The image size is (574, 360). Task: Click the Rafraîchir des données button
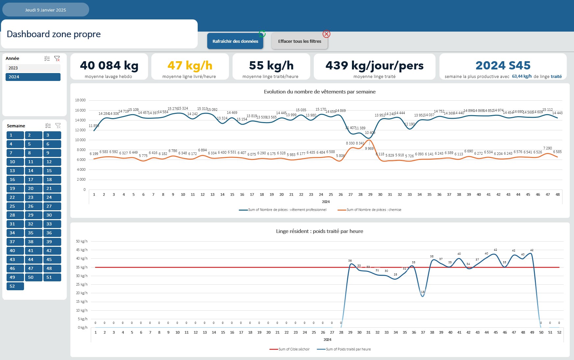(x=235, y=41)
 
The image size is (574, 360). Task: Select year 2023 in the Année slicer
(x=33, y=68)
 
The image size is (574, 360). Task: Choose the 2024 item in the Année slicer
(x=33, y=77)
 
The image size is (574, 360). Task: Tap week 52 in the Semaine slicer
(x=15, y=286)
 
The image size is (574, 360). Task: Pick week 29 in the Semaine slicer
(x=34, y=215)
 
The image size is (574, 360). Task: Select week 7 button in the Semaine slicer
(x=15, y=153)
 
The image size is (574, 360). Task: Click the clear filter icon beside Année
(x=57, y=59)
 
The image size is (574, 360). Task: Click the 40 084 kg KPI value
(x=109, y=65)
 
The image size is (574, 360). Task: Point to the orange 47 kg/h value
(x=190, y=65)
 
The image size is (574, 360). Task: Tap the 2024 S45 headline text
(x=503, y=65)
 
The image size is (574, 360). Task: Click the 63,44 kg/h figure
(x=522, y=76)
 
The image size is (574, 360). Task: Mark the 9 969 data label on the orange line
(x=369, y=148)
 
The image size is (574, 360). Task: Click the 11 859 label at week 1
(x=94, y=126)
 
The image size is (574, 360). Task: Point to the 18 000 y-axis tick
(x=80, y=100)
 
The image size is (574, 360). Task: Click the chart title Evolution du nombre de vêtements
(x=319, y=92)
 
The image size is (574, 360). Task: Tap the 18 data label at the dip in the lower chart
(x=423, y=292)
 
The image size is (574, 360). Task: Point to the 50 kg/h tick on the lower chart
(x=82, y=241)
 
